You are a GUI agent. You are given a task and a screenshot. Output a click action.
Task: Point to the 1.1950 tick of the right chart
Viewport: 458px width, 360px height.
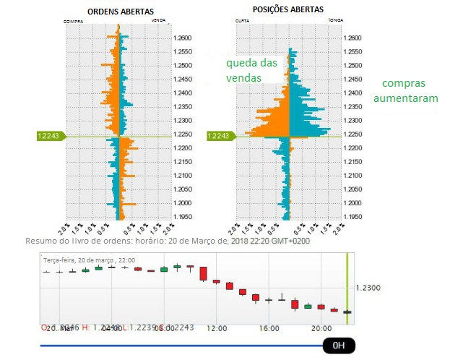[x=353, y=216]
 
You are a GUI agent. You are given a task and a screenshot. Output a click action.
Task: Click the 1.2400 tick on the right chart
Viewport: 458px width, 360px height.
[x=353, y=93]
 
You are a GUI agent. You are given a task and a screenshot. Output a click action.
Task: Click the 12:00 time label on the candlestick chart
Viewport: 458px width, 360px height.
[x=217, y=328]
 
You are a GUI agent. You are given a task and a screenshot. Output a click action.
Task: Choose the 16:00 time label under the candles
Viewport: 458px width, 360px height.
[x=269, y=328]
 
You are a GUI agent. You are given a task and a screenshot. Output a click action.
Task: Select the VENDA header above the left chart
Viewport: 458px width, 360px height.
[x=159, y=22]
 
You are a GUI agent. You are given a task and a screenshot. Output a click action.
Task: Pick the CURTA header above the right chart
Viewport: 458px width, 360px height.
[x=243, y=22]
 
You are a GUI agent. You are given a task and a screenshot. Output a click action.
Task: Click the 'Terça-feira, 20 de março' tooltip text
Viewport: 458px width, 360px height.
[x=79, y=260]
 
